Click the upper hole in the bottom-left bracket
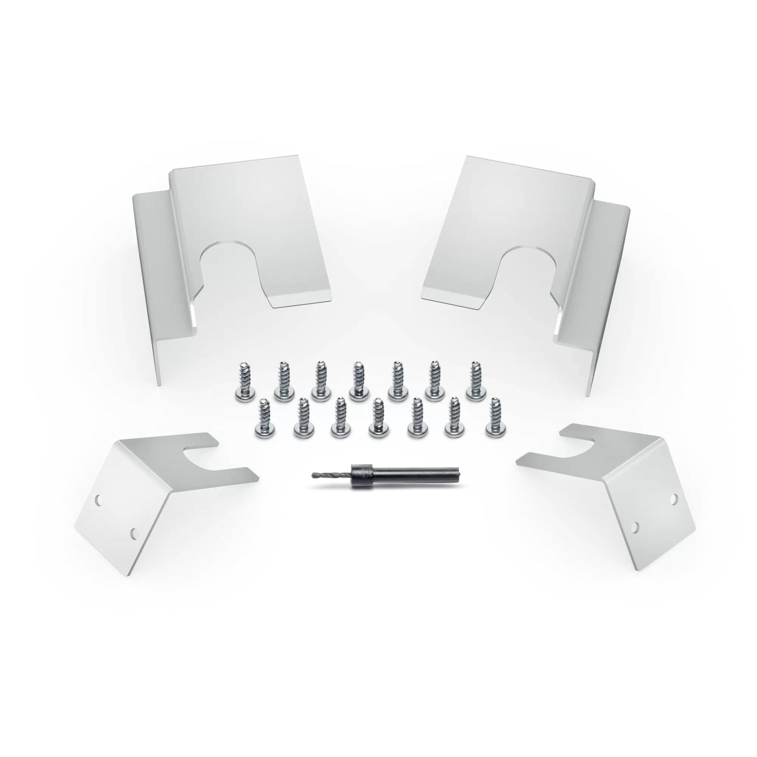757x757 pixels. coord(99,500)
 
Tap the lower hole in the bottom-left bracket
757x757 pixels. coord(134,532)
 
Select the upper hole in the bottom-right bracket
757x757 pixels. coord(674,499)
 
